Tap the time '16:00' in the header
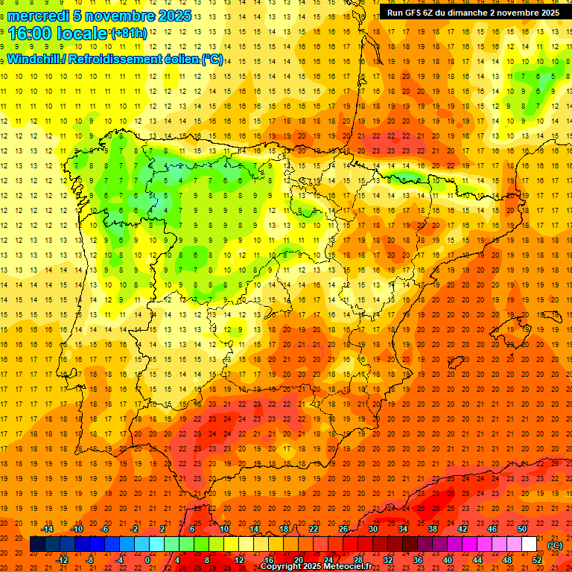30,34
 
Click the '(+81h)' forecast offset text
129,34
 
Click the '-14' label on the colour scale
48,529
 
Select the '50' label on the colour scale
523,529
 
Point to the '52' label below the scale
537,559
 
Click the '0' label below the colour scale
147,559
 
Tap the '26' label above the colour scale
343,529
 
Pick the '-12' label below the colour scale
63,559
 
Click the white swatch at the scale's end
529,544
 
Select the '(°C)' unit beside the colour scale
554,544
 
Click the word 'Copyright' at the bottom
282,567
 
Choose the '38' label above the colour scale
433,529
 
